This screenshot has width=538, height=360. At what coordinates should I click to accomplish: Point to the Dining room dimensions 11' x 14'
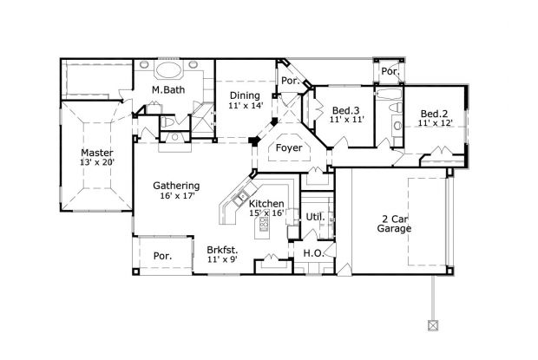245,106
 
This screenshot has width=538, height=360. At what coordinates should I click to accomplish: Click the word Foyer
288,148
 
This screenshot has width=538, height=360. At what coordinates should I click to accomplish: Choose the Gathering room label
176,185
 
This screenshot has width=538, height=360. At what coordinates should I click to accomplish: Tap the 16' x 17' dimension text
176,196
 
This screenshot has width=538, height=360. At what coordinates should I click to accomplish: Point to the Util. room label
313,216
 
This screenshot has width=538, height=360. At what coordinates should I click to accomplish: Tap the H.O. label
312,252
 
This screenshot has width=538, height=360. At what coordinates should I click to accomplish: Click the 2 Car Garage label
394,223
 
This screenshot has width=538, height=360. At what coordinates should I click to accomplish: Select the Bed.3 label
345,110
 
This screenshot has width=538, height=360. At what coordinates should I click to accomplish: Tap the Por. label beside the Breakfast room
162,256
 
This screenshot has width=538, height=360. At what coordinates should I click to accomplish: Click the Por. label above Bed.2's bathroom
390,71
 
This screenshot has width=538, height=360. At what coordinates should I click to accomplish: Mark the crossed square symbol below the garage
431,326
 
